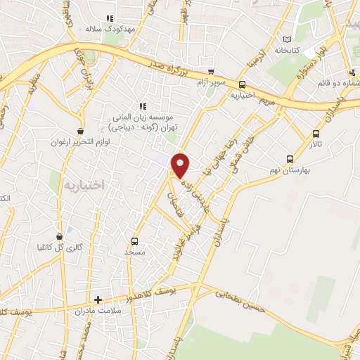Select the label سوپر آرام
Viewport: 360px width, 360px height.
point(212,82)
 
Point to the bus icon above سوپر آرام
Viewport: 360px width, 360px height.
point(211,72)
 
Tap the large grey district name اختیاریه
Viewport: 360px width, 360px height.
point(83,185)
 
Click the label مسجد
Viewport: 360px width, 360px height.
point(134,250)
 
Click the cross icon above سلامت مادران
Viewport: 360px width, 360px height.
point(98,300)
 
